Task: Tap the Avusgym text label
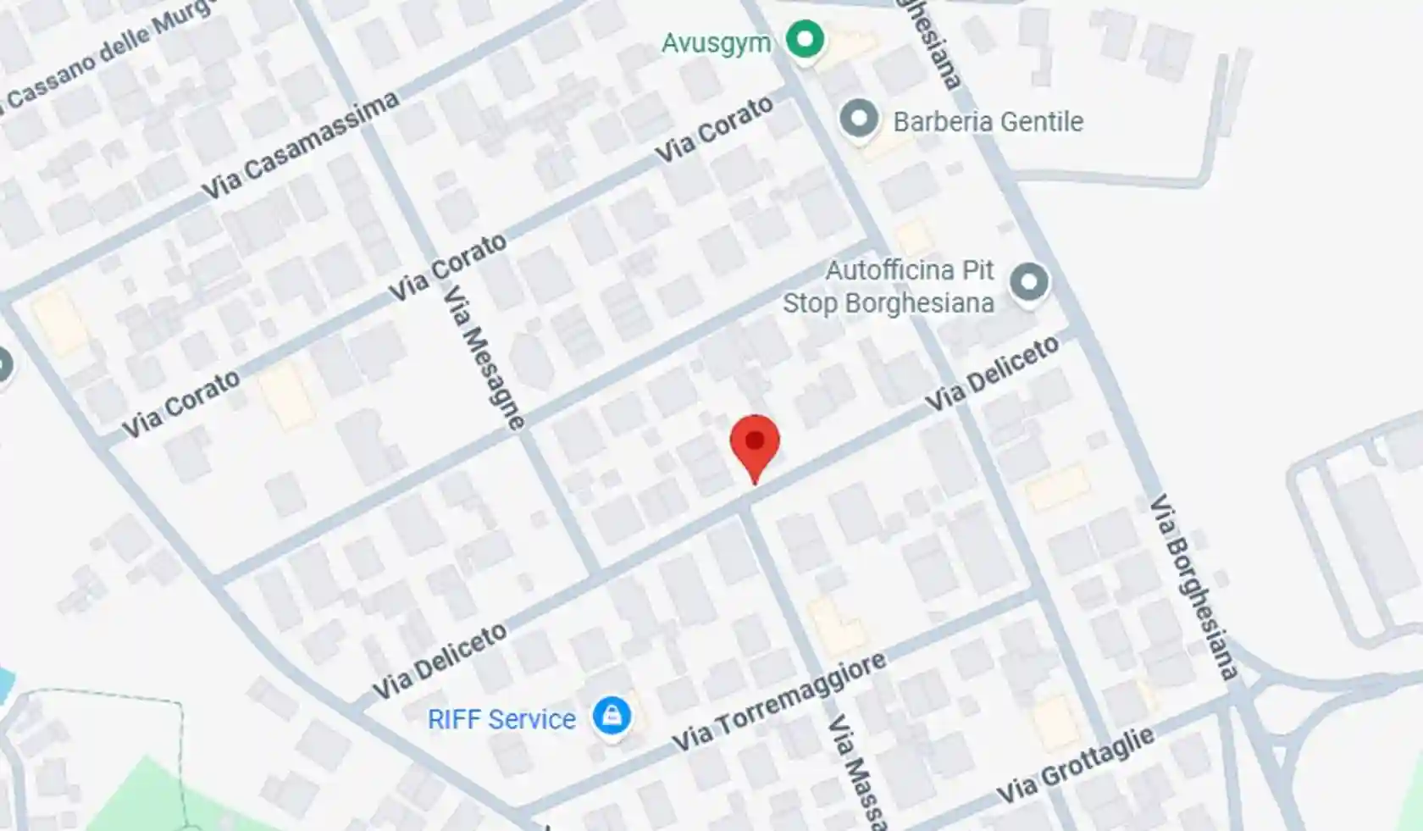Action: click(716, 42)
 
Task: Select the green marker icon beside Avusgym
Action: click(804, 39)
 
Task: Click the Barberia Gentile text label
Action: click(988, 122)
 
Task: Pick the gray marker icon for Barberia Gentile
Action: click(859, 119)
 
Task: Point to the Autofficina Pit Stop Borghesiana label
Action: click(889, 286)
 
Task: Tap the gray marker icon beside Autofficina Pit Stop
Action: click(1029, 282)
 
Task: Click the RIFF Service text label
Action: click(501, 719)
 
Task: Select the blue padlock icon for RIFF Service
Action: click(612, 716)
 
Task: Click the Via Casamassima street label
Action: click(301, 146)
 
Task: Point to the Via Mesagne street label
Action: click(484, 356)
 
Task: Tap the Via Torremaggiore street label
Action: click(779, 701)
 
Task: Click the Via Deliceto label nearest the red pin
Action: click(991, 374)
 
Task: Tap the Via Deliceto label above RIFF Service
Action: click(440, 661)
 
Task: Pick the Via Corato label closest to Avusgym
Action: click(715, 130)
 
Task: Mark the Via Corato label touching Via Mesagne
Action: click(447, 266)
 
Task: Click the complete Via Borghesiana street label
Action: click(1193, 586)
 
